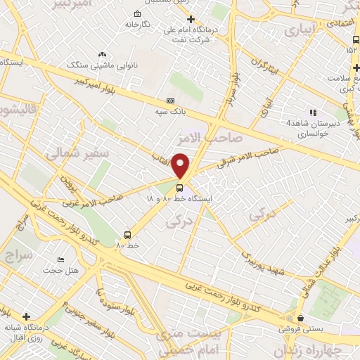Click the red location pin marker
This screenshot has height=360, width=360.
click(x=181, y=165)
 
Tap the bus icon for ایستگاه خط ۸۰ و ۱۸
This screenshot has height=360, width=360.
click(x=180, y=188)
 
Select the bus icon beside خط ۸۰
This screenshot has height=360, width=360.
click(x=127, y=235)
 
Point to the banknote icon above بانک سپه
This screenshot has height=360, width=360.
click(x=170, y=101)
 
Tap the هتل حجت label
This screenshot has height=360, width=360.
click(x=58, y=270)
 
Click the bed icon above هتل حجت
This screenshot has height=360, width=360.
click(x=60, y=259)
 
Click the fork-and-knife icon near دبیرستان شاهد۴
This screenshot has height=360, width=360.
click(x=314, y=112)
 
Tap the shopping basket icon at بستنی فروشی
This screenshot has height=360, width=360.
click(x=301, y=318)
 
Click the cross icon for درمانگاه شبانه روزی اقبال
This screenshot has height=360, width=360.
click(x=26, y=316)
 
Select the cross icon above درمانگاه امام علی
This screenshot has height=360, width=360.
click(x=191, y=19)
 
